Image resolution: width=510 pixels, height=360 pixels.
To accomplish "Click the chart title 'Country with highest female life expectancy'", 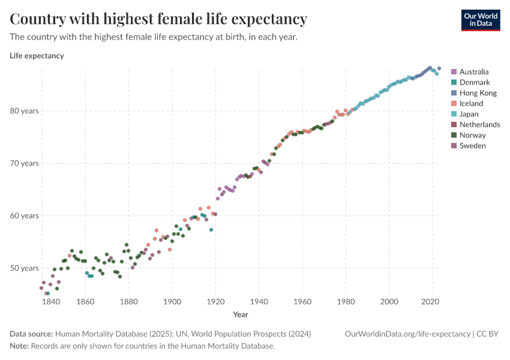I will coord(158,19).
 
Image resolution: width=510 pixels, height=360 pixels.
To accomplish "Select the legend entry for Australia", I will coord(473,71).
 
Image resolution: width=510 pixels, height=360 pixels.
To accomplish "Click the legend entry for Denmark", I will coord(474,82).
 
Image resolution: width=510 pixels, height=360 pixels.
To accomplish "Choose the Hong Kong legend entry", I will coord(478,93).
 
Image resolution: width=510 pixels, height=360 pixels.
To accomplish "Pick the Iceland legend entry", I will coord(471,103).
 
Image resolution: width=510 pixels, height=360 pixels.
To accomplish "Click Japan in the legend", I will coord(469,114).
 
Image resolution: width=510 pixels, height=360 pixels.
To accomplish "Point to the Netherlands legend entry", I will coord(479,124).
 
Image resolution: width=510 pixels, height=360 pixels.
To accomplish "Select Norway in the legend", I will coord(472,135).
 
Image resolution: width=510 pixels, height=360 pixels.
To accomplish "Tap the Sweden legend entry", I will coord(472,145).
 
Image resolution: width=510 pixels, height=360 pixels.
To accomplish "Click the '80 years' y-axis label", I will coord(23,111).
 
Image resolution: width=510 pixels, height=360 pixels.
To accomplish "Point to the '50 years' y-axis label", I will coord(23,268).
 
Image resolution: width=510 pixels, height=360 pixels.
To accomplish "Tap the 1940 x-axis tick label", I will coord(259,301).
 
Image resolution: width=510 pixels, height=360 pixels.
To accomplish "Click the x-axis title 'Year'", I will coord(241,314).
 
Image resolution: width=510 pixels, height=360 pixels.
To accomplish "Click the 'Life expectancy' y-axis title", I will coord(37,56).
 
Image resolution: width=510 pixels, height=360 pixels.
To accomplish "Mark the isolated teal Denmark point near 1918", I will coord(211,230).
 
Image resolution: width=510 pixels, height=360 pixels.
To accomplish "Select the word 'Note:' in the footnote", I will coord(20,346).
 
